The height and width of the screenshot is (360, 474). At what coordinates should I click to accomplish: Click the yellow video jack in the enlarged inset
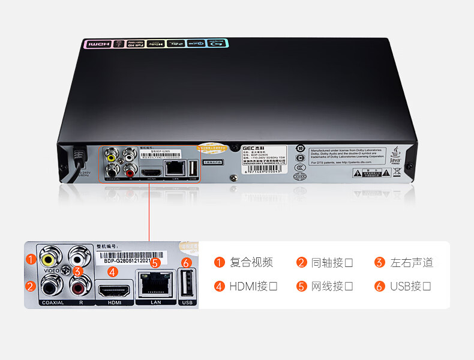click(x=49, y=259)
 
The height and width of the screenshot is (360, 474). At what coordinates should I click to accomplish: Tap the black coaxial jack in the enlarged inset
click(x=49, y=289)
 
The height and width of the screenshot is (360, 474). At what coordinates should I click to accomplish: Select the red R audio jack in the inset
click(x=78, y=289)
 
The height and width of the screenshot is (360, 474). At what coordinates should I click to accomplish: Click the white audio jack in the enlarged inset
click(x=78, y=259)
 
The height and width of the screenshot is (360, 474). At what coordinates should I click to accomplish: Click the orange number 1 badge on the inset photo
click(x=30, y=260)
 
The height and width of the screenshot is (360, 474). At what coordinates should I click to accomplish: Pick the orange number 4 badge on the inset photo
click(x=112, y=271)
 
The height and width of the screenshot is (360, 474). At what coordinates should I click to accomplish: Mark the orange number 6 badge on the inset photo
click(x=186, y=263)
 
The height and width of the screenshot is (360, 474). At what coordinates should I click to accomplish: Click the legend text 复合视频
click(x=251, y=262)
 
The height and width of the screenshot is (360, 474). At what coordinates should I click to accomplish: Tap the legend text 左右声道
click(x=412, y=262)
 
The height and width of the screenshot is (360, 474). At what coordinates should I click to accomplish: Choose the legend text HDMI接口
click(x=253, y=286)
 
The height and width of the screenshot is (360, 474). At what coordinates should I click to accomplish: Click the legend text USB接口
click(x=410, y=286)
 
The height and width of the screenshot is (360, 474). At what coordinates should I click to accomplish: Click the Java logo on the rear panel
click(x=395, y=156)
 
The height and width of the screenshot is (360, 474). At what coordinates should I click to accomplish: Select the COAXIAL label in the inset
click(x=53, y=302)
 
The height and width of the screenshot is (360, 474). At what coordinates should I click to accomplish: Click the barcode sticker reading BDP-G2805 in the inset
click(x=125, y=258)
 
